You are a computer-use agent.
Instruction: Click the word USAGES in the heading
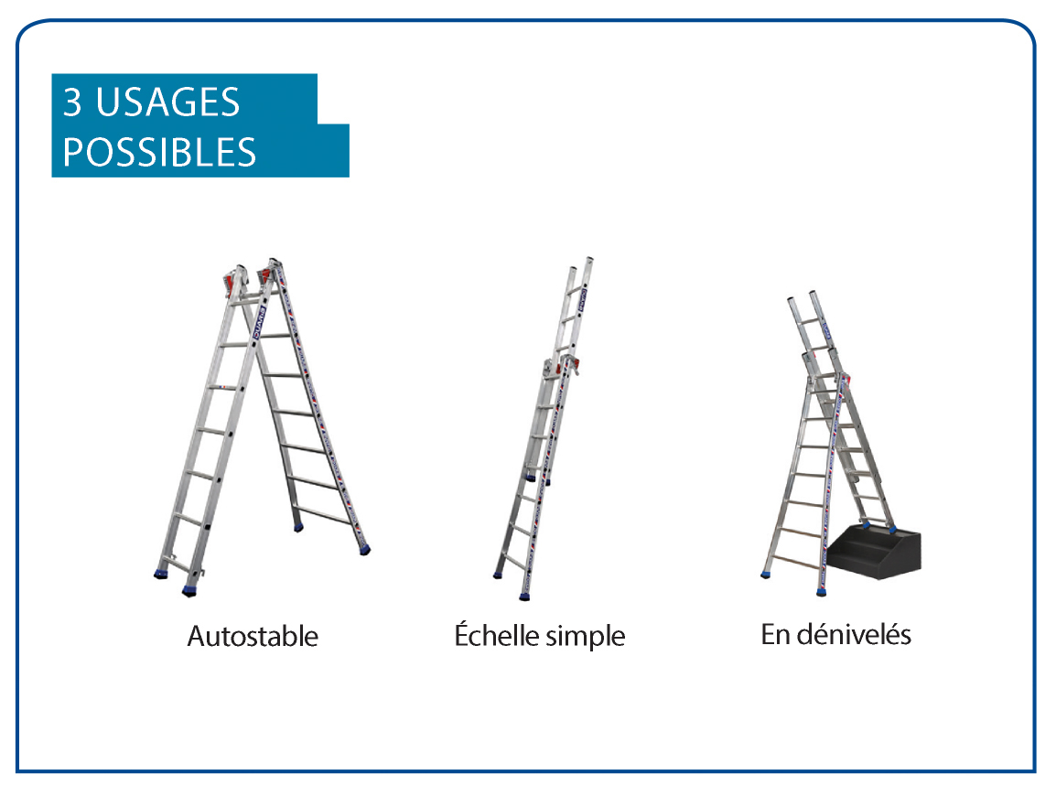167,102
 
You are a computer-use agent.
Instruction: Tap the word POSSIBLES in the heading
159,152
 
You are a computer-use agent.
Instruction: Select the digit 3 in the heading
72,102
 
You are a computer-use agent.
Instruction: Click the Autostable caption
253,636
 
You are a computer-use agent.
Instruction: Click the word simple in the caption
586,637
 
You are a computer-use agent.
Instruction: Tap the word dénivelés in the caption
854,634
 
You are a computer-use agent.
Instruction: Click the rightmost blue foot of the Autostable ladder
365,551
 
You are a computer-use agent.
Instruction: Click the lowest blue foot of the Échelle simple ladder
525,596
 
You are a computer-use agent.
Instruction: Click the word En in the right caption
774,634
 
